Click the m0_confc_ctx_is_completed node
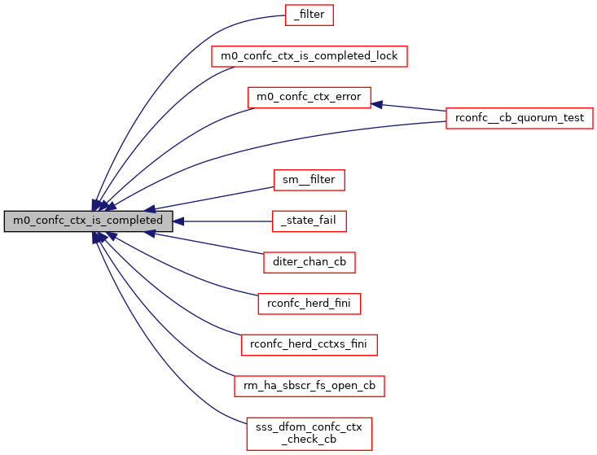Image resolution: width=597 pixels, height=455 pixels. tap(88, 221)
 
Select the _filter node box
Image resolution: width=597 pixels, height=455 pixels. tap(309, 15)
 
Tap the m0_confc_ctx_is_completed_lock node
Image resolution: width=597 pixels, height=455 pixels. tap(309, 56)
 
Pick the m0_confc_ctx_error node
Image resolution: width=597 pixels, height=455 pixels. tap(309, 98)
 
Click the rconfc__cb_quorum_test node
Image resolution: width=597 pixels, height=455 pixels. tap(519, 118)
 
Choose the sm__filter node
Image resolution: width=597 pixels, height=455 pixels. tap(309, 180)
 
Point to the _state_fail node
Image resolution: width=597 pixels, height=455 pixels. tap(309, 221)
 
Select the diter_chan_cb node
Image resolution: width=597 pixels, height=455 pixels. tap(309, 262)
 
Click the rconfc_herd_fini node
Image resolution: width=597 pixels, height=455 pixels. tap(309, 304)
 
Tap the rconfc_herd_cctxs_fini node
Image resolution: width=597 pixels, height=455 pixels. tap(309, 344)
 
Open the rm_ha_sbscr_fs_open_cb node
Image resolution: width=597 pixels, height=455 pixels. tap(309, 386)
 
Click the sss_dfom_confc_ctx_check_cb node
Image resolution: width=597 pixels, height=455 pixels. tap(309, 433)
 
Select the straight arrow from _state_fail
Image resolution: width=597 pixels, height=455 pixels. tap(228, 221)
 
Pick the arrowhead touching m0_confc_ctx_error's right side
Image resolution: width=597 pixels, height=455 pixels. tap(378, 104)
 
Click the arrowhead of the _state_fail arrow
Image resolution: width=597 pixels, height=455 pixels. tap(178, 221)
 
